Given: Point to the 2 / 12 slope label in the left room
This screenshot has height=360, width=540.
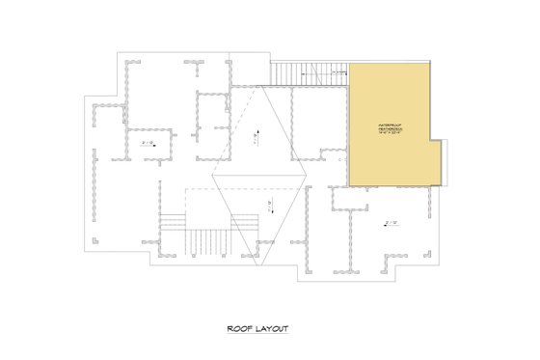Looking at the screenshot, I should (148, 144).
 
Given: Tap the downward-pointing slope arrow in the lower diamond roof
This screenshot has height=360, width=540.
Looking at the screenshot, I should (270, 204).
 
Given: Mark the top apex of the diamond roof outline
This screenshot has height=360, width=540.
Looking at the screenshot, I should (261, 85).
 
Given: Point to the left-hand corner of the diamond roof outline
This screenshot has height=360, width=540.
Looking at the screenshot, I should (215, 175).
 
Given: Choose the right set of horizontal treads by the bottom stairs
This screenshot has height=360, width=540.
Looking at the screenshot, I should (245, 223).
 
